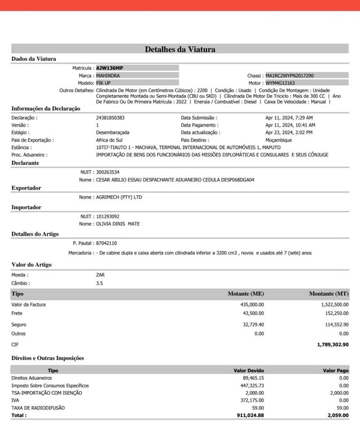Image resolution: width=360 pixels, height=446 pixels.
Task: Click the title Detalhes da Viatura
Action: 180,49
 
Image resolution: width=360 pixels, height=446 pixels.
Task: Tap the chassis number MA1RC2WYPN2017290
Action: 290,75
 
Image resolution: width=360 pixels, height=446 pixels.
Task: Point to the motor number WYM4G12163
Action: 280,83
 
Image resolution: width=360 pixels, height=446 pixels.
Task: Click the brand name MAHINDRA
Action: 107,75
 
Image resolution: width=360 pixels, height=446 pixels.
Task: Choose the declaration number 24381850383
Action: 110,118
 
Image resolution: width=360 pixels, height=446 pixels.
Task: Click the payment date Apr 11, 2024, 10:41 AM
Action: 290,125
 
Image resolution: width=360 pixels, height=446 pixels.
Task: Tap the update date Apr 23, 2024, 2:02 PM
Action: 289,132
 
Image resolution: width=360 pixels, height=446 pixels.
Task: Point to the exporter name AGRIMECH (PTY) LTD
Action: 119,197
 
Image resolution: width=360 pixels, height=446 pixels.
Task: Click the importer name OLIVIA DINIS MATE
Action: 118,224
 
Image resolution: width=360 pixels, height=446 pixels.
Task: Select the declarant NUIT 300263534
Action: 108,172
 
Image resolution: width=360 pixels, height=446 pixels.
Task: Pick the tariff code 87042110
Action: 106,243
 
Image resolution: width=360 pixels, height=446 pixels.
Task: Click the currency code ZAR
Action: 101,275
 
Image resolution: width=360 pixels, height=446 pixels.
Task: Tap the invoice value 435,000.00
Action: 252,304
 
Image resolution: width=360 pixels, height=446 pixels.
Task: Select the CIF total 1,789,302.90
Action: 332,344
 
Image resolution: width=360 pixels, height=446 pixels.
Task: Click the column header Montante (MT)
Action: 328,294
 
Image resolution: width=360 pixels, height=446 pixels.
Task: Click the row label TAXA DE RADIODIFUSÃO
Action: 38,407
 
